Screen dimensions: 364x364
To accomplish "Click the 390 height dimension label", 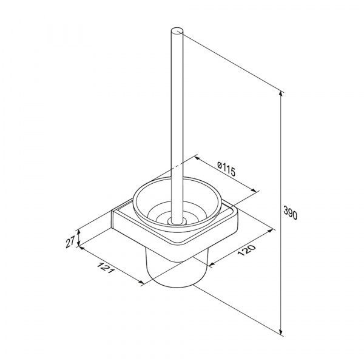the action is click(290, 213).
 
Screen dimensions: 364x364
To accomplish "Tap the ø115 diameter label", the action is click(226, 169).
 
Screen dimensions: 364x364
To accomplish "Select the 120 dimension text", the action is click(246, 250).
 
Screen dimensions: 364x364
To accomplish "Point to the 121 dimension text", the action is click(106, 268).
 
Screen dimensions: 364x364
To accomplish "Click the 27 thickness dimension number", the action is click(70, 241).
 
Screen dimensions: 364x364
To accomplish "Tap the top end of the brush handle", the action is click(177, 32).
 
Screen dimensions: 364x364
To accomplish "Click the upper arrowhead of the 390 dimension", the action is click(281, 94).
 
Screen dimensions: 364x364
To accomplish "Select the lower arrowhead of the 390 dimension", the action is click(281, 331).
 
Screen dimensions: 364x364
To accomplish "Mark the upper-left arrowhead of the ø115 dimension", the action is click(197, 158).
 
